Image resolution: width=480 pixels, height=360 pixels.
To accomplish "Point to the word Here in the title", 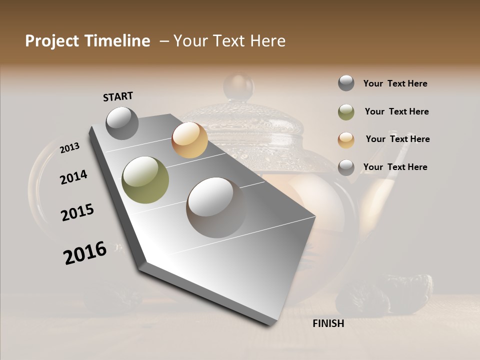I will (x=267, y=41).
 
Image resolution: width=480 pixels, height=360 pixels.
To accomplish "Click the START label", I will (x=118, y=96).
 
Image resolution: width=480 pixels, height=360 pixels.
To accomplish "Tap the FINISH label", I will (x=328, y=323).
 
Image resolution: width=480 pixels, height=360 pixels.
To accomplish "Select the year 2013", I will (x=70, y=148).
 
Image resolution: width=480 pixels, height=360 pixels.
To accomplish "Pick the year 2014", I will (x=74, y=177).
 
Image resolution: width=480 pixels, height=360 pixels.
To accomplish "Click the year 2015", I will (x=77, y=212).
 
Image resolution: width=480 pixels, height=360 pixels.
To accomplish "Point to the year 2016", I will (x=85, y=253).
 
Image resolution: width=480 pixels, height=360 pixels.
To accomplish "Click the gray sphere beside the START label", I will (x=122, y=123).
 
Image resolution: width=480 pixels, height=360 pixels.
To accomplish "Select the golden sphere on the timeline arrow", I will (x=189, y=140).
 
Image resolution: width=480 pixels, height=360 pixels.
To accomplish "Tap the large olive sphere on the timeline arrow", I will (x=145, y=179).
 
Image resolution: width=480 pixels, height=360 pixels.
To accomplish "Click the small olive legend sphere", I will (x=346, y=112).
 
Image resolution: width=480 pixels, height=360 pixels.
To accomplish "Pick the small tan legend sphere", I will (x=346, y=140).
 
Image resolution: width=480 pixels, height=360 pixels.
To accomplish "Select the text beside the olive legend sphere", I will (x=396, y=111).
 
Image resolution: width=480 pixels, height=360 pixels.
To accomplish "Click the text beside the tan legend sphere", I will (x=397, y=139).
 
